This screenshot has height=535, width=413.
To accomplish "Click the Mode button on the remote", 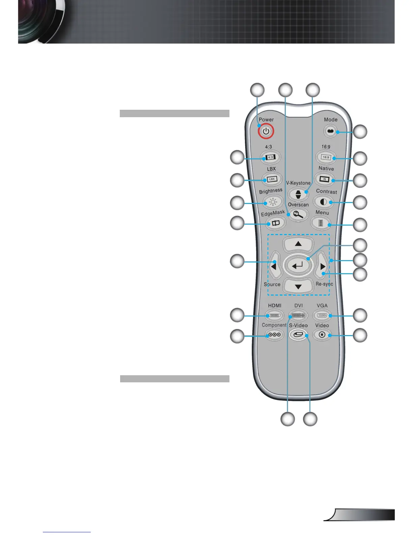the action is click(330, 131).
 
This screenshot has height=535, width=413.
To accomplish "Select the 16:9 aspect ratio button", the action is click(326, 157).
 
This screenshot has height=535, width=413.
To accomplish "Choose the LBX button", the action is click(272, 179).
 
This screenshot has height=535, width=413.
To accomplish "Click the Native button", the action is click(324, 179).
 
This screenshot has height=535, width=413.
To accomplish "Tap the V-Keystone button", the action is click(298, 194).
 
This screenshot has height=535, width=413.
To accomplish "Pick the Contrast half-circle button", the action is click(323, 202).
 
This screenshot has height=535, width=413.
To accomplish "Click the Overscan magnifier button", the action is click(298, 214).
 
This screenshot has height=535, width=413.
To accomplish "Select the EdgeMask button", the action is click(276, 223).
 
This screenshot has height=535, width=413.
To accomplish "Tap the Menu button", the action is click(321, 223).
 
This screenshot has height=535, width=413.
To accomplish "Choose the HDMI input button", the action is click(275, 316).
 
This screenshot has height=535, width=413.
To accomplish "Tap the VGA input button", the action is click(322, 316).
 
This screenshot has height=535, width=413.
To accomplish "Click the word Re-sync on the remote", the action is click(324, 284).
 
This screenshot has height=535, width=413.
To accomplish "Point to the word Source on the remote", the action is click(272, 284).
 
